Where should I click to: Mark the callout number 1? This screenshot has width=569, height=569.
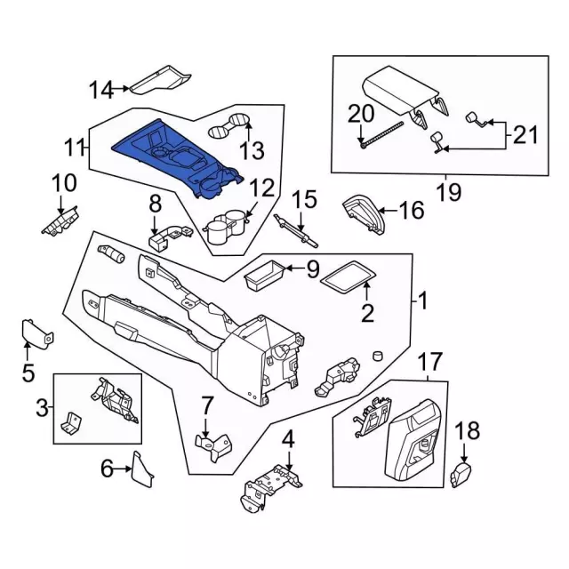click(x=423, y=301)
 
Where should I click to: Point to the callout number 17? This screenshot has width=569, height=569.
click(x=429, y=363)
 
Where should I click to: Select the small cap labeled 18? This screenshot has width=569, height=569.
click(x=461, y=474)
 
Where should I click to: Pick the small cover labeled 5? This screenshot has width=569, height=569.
click(x=36, y=333)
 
